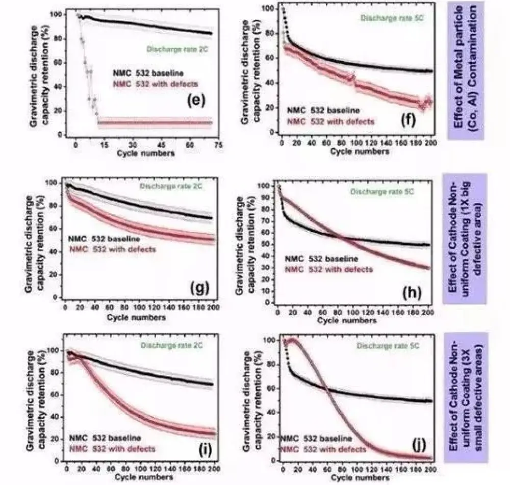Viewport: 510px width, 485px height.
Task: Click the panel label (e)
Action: (x=196, y=100)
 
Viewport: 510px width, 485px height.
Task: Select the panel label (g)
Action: (x=200, y=288)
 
